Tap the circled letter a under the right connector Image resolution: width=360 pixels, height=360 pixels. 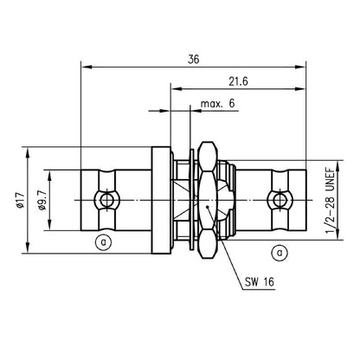point(280,252)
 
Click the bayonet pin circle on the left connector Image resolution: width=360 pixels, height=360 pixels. point(106,201)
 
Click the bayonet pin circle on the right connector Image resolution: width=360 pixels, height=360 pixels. point(278,201)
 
